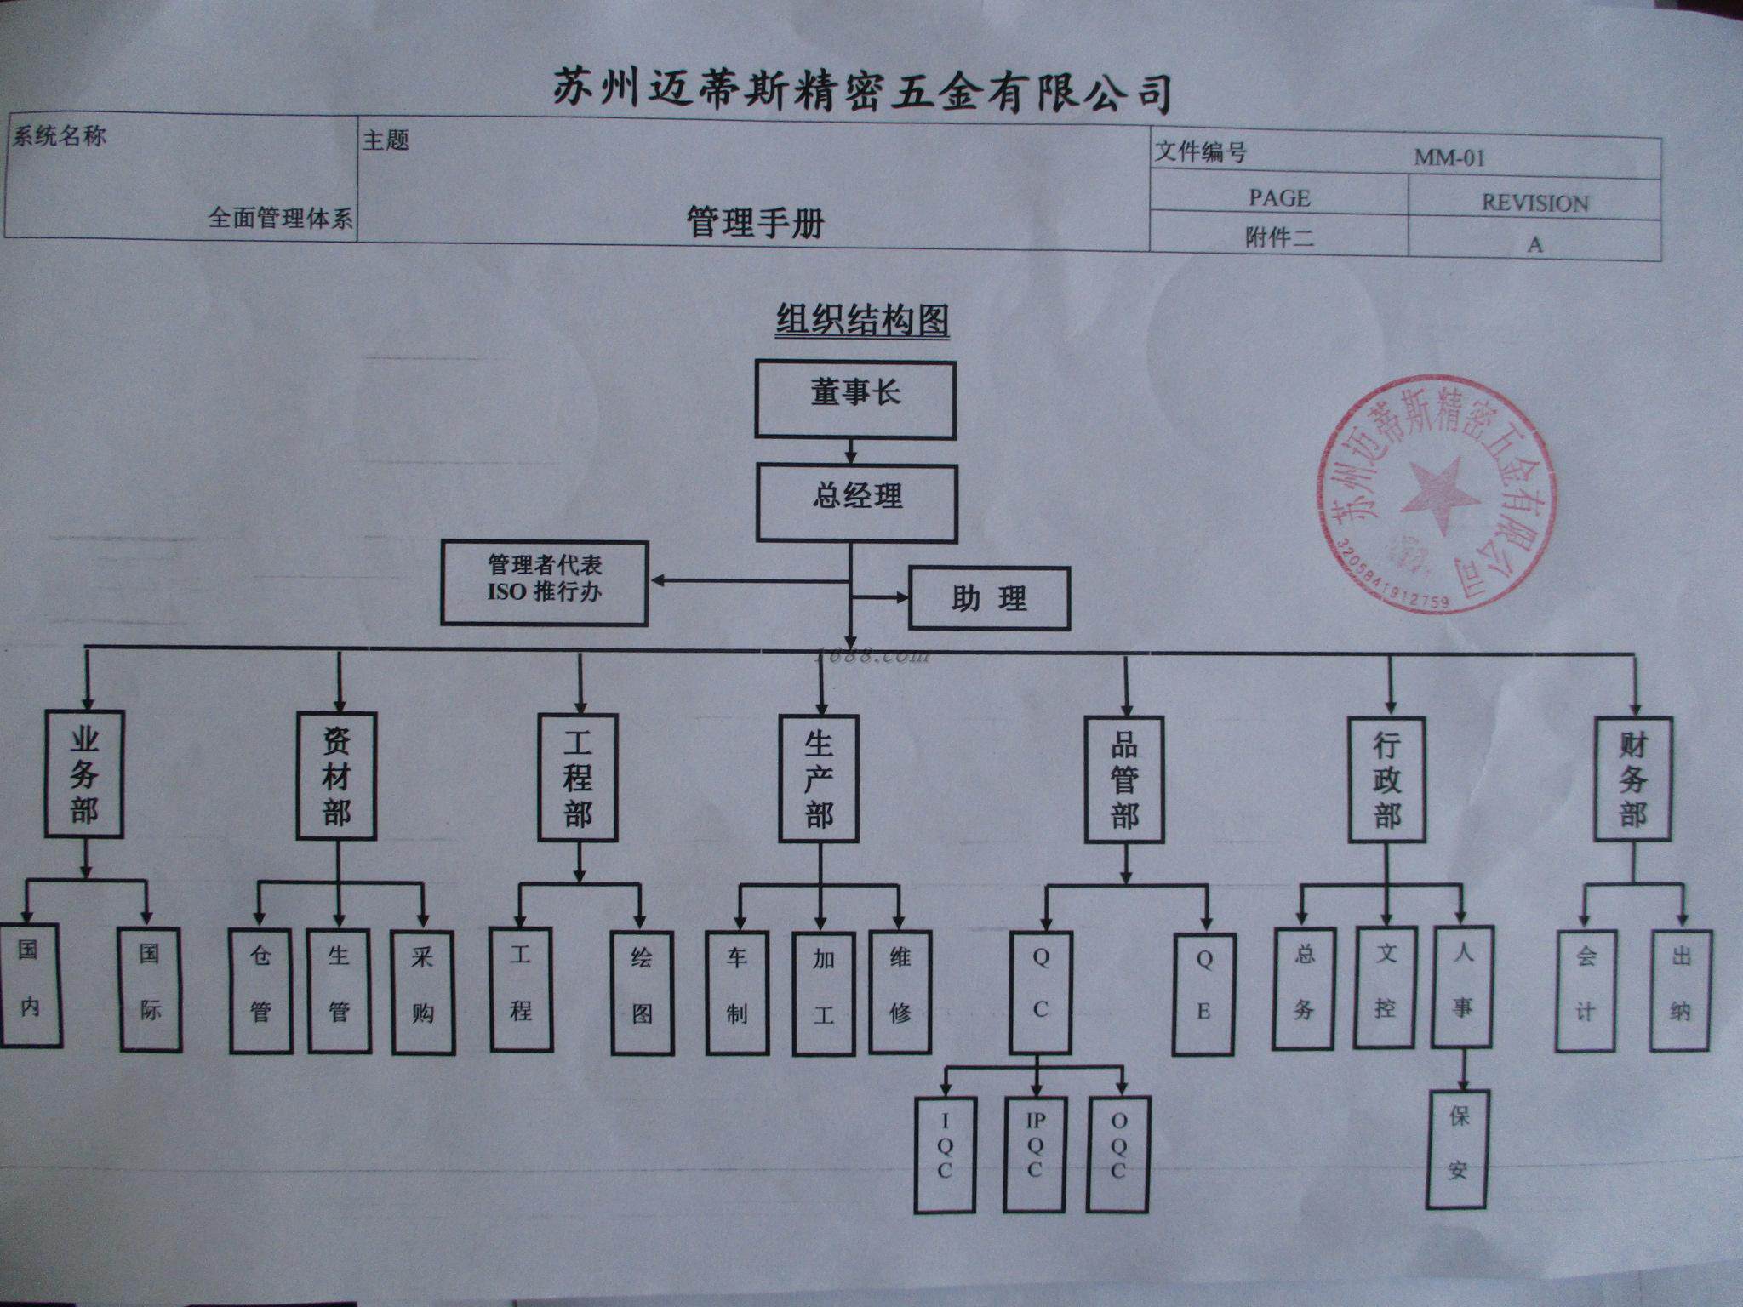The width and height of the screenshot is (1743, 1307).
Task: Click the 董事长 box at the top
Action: point(855,400)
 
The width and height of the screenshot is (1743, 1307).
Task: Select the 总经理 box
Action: point(857,502)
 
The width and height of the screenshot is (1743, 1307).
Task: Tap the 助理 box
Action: point(989,598)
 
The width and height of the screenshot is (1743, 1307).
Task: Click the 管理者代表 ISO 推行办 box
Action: point(545,583)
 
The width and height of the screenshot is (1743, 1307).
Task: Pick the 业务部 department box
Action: point(84,773)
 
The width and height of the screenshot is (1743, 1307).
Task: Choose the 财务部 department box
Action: point(1632,779)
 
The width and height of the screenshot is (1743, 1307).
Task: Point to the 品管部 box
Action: point(1124,781)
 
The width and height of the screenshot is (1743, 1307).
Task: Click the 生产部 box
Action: point(819,779)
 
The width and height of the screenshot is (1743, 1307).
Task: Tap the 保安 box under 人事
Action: point(1458,1148)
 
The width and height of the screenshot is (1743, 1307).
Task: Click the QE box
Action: point(1203,993)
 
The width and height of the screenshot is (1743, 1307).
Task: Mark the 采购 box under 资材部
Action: point(422,992)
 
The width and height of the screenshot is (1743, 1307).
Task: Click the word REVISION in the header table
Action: point(1534,203)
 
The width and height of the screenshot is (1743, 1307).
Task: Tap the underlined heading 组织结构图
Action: point(862,321)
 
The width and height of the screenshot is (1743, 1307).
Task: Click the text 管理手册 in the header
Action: point(755,223)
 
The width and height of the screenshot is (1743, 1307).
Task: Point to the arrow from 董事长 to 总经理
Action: point(850,451)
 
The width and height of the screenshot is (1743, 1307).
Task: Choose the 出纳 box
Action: point(1680,990)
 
